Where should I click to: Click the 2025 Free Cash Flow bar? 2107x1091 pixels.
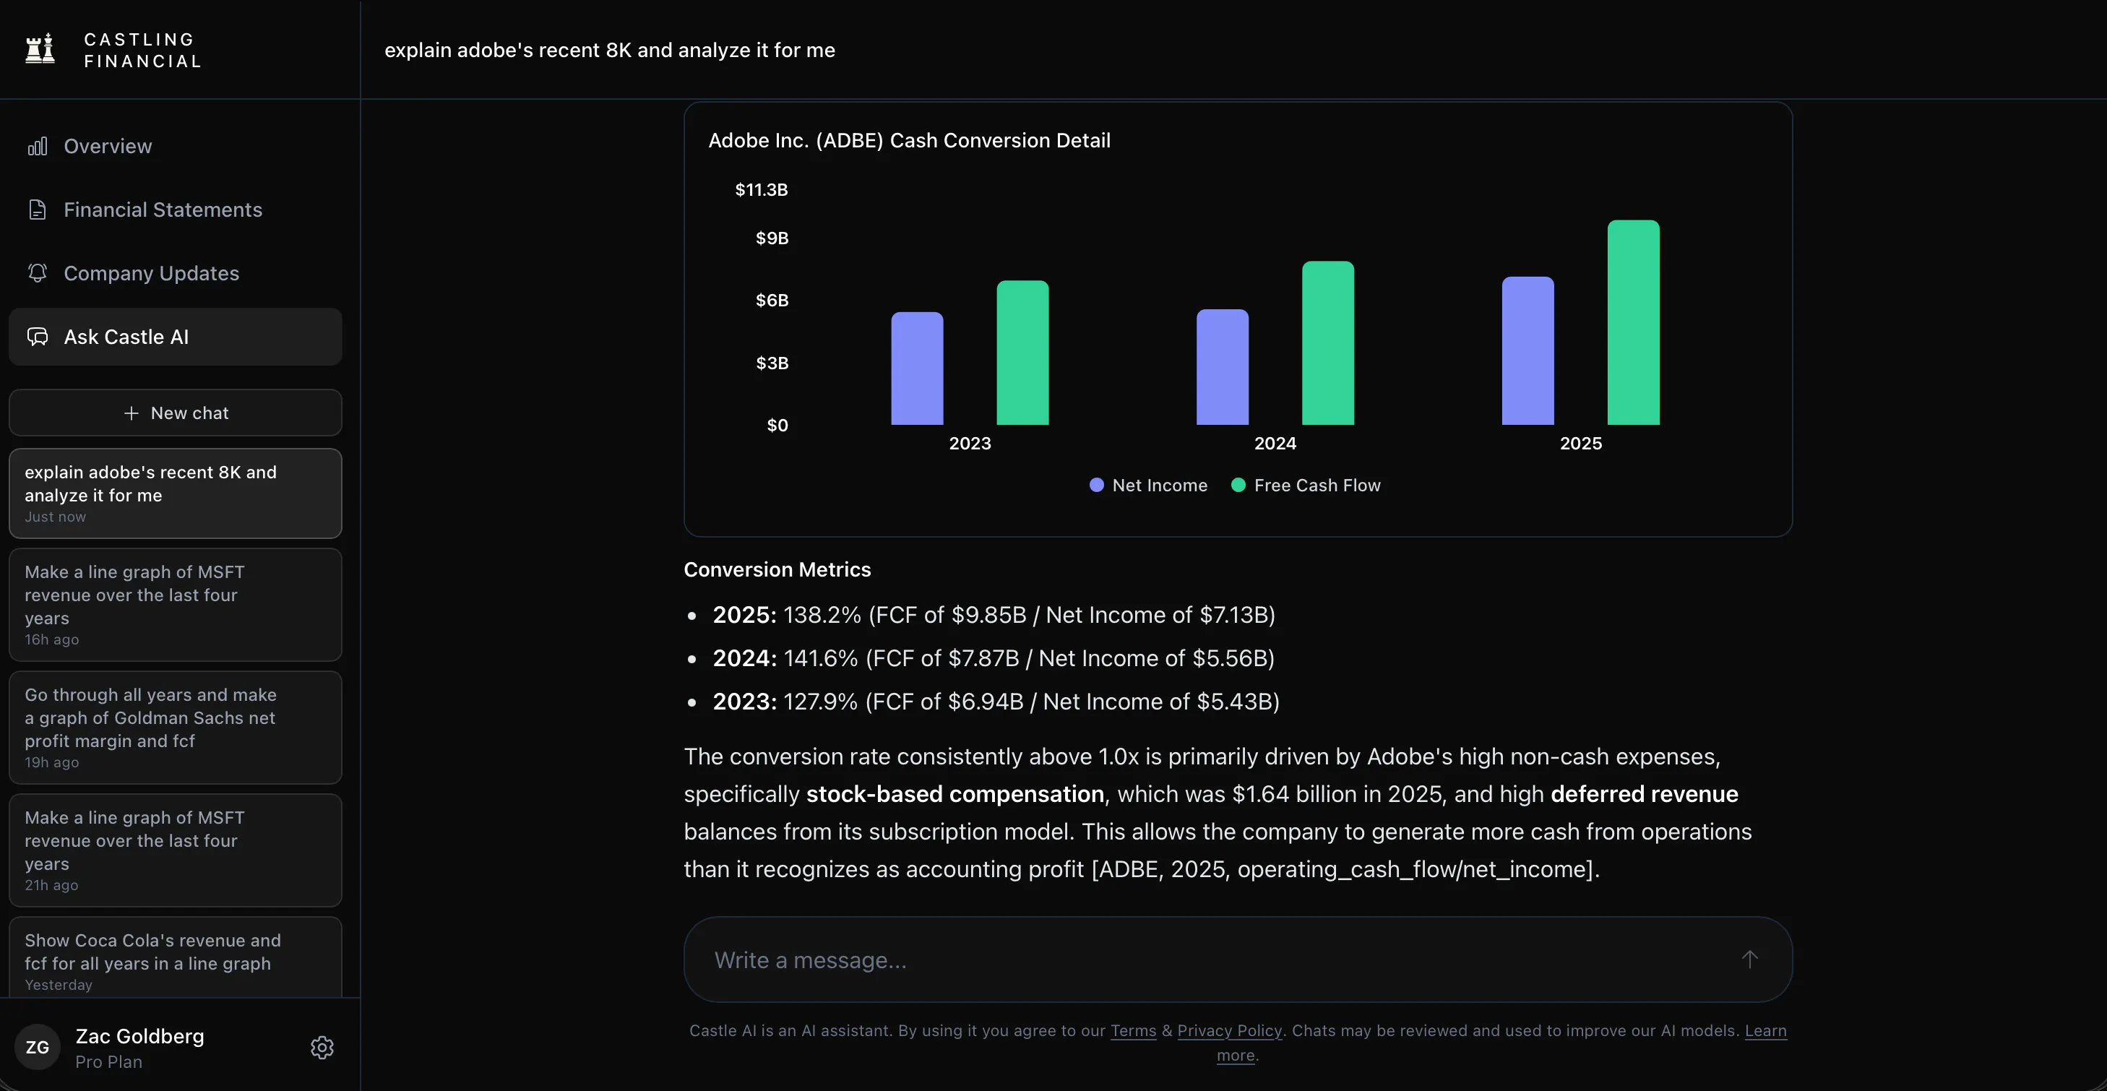[x=1634, y=322]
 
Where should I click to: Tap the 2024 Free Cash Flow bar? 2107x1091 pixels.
[x=1328, y=342]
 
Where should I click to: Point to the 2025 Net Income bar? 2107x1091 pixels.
[x=1528, y=351]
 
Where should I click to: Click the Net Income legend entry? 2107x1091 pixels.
[x=1148, y=485]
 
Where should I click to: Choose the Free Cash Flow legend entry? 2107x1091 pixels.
[x=1306, y=485]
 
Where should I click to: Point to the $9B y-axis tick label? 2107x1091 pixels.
[x=772, y=238]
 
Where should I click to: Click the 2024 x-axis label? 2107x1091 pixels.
[x=1275, y=444]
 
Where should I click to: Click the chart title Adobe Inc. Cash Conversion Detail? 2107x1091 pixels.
[x=910, y=141]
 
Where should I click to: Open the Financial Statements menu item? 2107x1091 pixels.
[x=163, y=210]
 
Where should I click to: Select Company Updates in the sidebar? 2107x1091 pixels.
[x=151, y=273]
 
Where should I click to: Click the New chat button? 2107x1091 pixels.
[x=175, y=413]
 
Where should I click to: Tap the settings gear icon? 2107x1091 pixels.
[x=322, y=1048]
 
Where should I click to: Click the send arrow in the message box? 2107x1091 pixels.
[x=1749, y=960]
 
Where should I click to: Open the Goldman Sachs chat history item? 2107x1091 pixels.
[x=175, y=728]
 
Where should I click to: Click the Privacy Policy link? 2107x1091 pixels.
[x=1229, y=1030]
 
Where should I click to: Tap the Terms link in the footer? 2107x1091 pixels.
[x=1133, y=1030]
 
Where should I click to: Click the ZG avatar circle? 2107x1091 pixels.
[x=38, y=1048]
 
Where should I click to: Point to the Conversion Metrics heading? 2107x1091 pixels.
[x=777, y=569]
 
